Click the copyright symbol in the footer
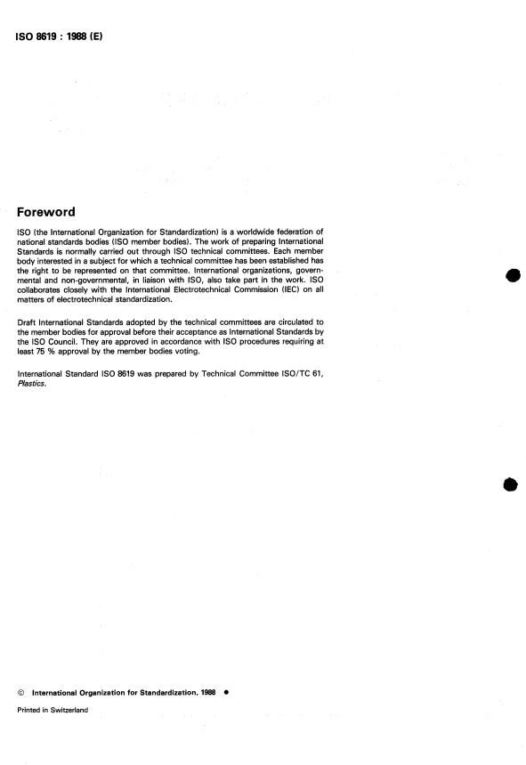20,692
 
